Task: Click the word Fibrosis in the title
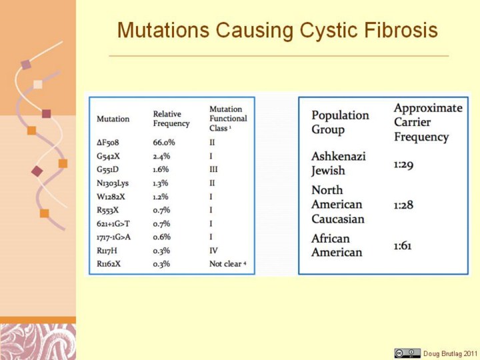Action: pyautogui.click(x=401, y=30)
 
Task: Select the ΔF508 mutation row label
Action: pyautogui.click(x=108, y=143)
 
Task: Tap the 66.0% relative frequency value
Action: pyautogui.click(x=164, y=143)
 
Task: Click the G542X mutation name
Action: pyautogui.click(x=108, y=156)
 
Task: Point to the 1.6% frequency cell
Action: pyautogui.click(x=161, y=169)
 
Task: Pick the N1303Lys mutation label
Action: pyautogui.click(x=113, y=183)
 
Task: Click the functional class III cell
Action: pyautogui.click(x=214, y=169)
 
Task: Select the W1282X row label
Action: pyautogui.click(x=111, y=197)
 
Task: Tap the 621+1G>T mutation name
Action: pyautogui.click(x=113, y=224)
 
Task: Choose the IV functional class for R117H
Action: pyautogui.click(x=214, y=251)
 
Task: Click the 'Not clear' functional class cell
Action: pyautogui.click(x=228, y=263)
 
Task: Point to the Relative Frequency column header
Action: pyautogui.click(x=171, y=119)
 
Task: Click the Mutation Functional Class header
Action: pyautogui.click(x=228, y=119)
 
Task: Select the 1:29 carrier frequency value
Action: pyautogui.click(x=403, y=165)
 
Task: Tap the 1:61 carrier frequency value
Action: pyautogui.click(x=403, y=246)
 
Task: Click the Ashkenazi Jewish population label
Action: pyautogui.click(x=339, y=163)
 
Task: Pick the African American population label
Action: pyautogui.click(x=337, y=245)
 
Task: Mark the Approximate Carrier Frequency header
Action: pyautogui.click(x=428, y=122)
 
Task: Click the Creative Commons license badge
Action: pyautogui.click(x=407, y=353)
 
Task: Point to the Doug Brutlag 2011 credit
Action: pyautogui.click(x=450, y=353)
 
